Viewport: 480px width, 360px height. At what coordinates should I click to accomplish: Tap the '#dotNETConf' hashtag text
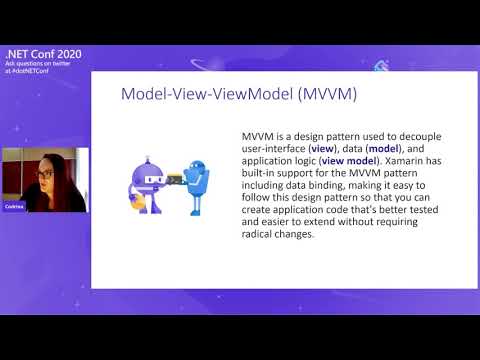point(44,72)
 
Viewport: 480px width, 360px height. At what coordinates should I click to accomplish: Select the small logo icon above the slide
point(382,66)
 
